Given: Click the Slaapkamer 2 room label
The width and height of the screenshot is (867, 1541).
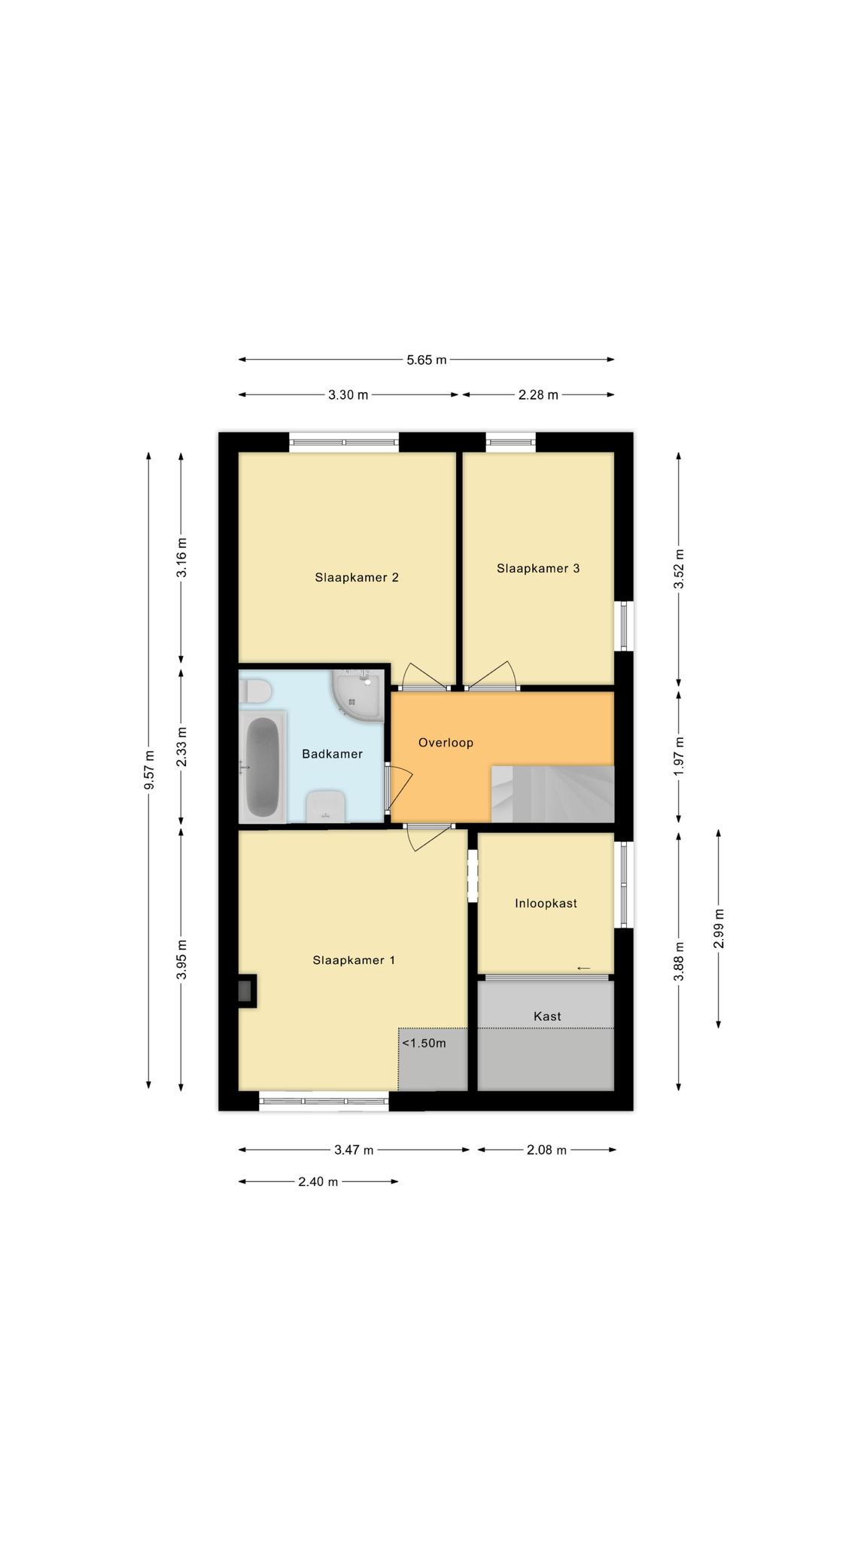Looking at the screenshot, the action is [357, 578].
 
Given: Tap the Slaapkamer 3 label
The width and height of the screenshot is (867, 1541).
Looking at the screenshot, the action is [538, 569].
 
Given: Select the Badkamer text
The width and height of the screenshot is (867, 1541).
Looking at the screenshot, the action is [333, 754].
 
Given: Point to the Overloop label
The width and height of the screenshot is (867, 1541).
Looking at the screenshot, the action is [446, 743].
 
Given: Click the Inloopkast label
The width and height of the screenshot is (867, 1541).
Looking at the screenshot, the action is [546, 903].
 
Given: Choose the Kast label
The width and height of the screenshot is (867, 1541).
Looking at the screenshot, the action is [547, 1016].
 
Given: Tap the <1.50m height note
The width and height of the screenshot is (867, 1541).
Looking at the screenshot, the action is [424, 1043].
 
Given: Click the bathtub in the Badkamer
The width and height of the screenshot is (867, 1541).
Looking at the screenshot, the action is [263, 767].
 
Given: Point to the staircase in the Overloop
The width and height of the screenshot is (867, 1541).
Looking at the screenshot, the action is [552, 794].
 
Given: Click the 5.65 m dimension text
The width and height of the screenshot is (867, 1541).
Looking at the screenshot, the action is [427, 360].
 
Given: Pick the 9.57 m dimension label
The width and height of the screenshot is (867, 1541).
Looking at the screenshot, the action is [149, 770].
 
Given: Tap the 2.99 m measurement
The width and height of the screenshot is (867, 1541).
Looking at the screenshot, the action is [719, 929].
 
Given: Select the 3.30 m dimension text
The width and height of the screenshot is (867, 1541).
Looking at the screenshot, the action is [348, 394].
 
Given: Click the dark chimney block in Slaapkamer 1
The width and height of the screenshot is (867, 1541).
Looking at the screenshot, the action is [246, 991].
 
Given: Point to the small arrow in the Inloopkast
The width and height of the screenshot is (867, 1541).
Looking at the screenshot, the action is [583, 968].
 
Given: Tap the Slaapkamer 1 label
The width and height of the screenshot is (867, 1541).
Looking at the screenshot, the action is [354, 960].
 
